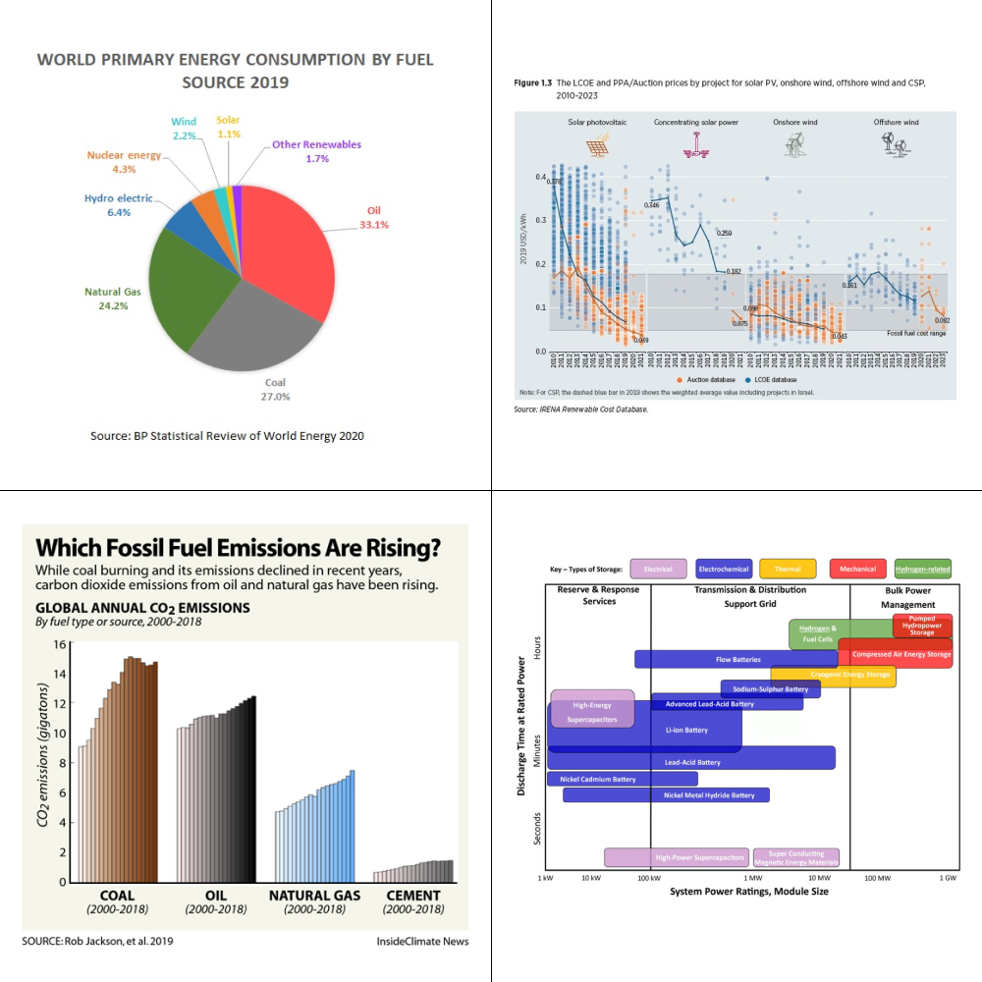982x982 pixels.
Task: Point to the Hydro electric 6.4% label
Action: pyautogui.click(x=118, y=204)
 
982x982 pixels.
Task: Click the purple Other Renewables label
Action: pyautogui.click(x=316, y=151)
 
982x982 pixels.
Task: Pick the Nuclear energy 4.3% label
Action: pyautogui.click(x=124, y=162)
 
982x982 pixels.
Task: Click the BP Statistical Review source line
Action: pyautogui.click(x=227, y=435)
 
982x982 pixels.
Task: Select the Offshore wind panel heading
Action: pyautogui.click(x=896, y=122)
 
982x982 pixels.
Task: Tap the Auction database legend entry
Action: pyautogui.click(x=711, y=379)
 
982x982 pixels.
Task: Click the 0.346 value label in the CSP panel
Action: pyautogui.click(x=652, y=204)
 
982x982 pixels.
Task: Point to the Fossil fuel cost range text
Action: pyautogui.click(x=916, y=334)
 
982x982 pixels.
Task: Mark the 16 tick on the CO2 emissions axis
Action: pyautogui.click(x=59, y=644)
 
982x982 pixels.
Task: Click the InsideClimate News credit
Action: pyautogui.click(x=422, y=941)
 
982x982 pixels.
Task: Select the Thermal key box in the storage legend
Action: pyautogui.click(x=788, y=569)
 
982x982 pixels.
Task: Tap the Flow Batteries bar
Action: pyautogui.click(x=736, y=659)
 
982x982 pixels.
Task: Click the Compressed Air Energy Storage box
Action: pyautogui.click(x=900, y=654)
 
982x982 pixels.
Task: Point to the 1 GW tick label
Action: pyautogui.click(x=947, y=877)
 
